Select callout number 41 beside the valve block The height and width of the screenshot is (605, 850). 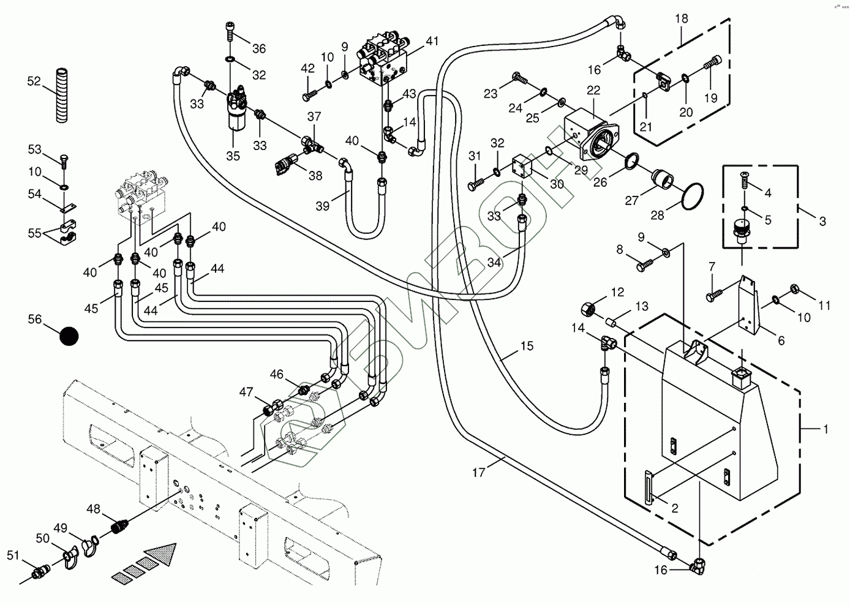432,42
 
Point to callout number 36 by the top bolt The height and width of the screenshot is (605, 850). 258,48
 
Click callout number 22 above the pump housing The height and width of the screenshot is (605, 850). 593,90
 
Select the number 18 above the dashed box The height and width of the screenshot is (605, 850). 682,18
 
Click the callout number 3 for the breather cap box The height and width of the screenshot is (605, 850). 822,220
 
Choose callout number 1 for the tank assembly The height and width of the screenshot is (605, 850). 825,429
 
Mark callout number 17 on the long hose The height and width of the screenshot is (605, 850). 478,472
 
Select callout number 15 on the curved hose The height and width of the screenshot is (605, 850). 527,346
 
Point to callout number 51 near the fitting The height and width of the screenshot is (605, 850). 13,555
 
